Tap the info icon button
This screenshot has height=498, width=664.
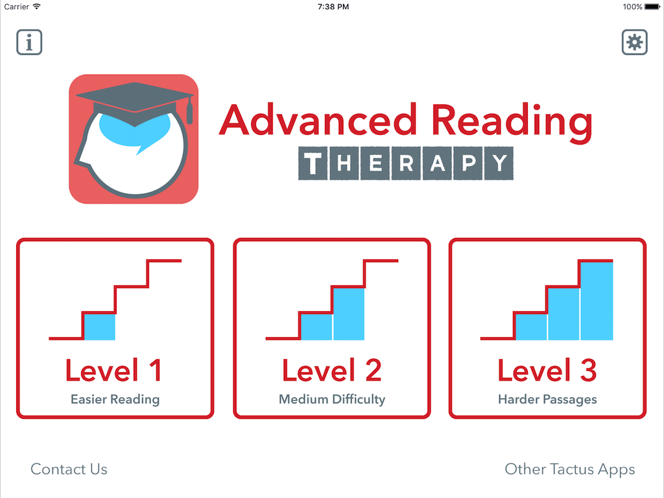pyautogui.click(x=29, y=42)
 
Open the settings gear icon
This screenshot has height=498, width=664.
pyautogui.click(x=634, y=42)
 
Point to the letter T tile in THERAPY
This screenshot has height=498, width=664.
pyautogui.click(x=313, y=163)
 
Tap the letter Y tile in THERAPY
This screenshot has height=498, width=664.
pyautogui.click(x=498, y=163)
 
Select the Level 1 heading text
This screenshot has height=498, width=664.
pyautogui.click(x=113, y=370)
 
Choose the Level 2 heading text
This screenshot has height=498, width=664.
pyautogui.click(x=331, y=370)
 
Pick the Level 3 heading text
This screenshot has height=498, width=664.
pyautogui.click(x=547, y=370)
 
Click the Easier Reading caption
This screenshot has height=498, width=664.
pyautogui.click(x=115, y=399)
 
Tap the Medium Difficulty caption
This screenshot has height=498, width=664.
pyautogui.click(x=331, y=399)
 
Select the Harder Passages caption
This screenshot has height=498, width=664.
pyautogui.click(x=547, y=399)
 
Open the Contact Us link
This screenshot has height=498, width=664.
pyautogui.click(x=69, y=469)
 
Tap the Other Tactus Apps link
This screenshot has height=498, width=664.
pyautogui.click(x=569, y=469)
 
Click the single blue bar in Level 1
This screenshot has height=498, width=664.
pyautogui.click(x=100, y=327)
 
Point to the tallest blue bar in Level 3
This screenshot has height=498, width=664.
pyautogui.click(x=597, y=301)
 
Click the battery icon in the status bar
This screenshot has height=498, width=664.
pyautogui.click(x=652, y=6)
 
